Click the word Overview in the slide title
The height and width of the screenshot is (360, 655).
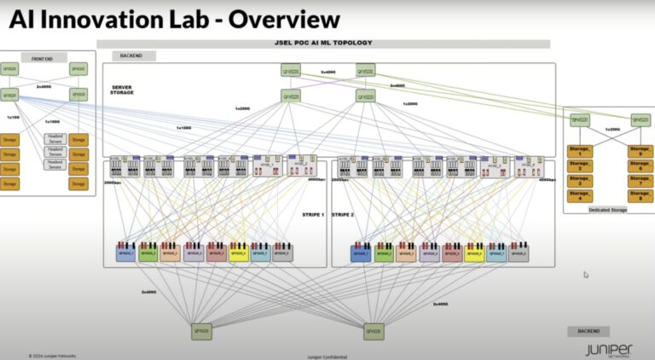pos(271,20)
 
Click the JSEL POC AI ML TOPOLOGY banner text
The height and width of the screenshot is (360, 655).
pos(323,44)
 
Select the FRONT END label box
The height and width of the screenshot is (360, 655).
pos(43,59)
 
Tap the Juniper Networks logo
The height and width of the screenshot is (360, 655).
pos(609,350)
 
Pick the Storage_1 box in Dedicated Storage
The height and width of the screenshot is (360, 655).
pos(580,150)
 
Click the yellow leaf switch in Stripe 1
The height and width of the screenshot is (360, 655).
pos(238,253)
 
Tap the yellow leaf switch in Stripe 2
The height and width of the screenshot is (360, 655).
pos(473,253)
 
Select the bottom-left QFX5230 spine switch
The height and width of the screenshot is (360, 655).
pos(201,331)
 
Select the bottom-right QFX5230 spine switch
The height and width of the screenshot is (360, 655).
pos(372,331)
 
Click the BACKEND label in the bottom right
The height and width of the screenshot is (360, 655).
pos(588,331)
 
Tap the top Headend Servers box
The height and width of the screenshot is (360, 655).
pos(55,138)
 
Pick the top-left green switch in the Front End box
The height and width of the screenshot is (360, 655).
pos(10,69)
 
